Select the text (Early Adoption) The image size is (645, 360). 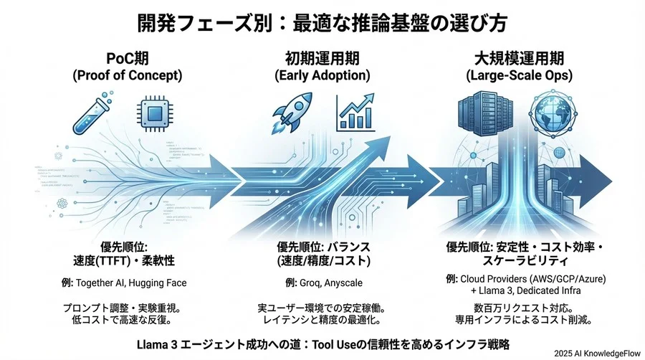pos(322,75)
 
